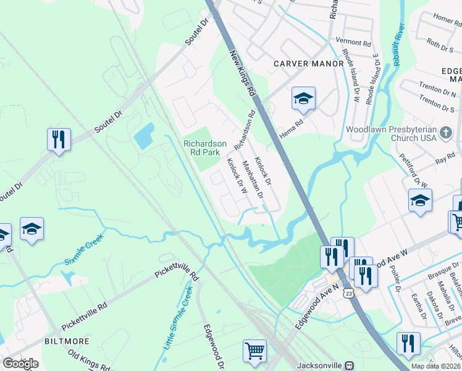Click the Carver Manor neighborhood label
click(x=308, y=64)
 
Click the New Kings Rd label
click(x=243, y=73)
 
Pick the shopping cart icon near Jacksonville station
click(x=254, y=351)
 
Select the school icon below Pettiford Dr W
click(x=420, y=200)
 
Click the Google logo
click(x=20, y=364)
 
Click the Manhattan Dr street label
click(x=253, y=179)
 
